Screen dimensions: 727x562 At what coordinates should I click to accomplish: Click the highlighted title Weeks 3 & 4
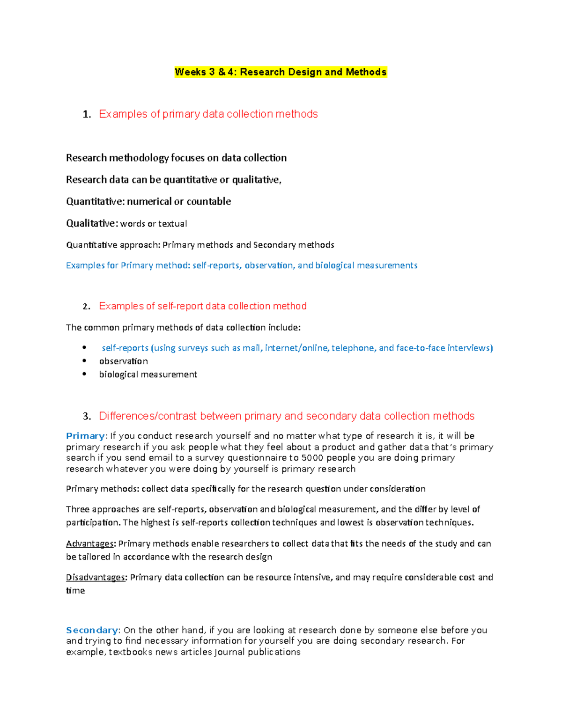[281, 72]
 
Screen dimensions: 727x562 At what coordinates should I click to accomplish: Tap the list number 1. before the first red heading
[87, 115]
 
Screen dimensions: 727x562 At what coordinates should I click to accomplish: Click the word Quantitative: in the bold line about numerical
[96, 202]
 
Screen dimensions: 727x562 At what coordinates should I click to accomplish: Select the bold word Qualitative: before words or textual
[92, 223]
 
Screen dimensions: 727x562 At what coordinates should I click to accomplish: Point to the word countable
[209, 202]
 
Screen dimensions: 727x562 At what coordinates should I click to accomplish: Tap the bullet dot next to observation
[84, 361]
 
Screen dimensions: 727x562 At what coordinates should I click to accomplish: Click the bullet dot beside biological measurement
[84, 374]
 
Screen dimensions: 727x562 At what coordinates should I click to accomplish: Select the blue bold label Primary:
[87, 436]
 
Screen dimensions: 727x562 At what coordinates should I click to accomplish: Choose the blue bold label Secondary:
[93, 630]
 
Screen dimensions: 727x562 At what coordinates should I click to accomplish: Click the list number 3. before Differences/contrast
[87, 417]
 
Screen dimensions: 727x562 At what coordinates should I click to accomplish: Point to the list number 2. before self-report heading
[86, 307]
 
